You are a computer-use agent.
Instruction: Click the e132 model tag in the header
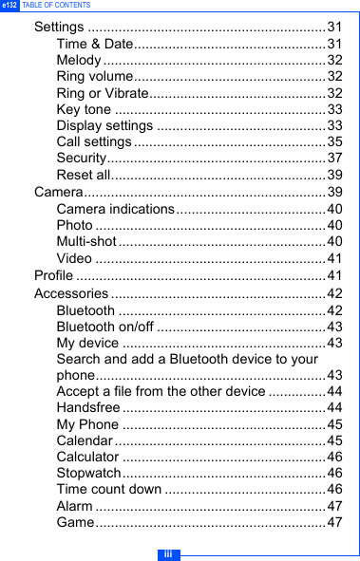click(9, 6)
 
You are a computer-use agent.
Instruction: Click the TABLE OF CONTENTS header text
click(56, 6)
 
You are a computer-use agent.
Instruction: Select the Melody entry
click(79, 60)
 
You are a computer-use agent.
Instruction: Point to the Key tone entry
click(84, 109)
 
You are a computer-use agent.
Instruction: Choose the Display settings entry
click(104, 125)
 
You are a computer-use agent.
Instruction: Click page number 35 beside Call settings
click(334, 142)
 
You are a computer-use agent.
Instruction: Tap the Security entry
click(81, 159)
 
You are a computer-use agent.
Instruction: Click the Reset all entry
click(84, 175)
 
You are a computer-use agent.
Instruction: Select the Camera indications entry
click(115, 209)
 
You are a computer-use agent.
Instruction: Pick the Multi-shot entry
click(86, 242)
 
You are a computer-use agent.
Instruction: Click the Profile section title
click(53, 275)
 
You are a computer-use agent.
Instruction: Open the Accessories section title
click(71, 292)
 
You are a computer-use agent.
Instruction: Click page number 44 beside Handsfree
click(334, 407)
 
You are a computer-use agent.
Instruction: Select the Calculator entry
click(87, 457)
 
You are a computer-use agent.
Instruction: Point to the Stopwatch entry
click(88, 473)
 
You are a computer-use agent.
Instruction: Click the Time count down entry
click(109, 489)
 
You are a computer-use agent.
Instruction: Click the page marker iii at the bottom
click(167, 553)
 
